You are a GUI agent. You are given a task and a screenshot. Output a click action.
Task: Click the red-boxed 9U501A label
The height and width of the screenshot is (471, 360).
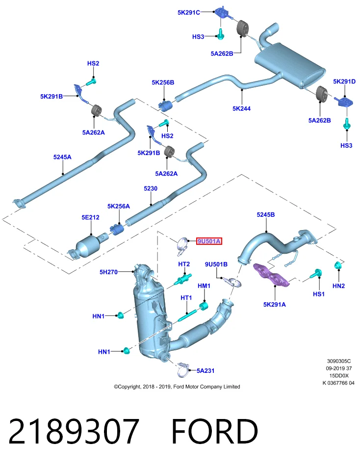pos(209,241)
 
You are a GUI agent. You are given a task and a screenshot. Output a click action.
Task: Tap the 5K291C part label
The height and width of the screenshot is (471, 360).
pos(188,12)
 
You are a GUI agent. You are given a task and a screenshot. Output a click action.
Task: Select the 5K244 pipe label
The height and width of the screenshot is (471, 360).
pos(241,108)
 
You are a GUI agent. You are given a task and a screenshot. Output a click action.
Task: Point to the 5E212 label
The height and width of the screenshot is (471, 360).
pos(90,217)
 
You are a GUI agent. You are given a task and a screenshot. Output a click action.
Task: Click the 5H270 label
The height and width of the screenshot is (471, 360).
pos(109,272)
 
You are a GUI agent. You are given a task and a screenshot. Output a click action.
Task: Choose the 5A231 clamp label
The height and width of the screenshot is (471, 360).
pos(206,371)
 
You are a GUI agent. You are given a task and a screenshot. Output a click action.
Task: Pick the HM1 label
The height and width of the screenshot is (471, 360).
pos(204,286)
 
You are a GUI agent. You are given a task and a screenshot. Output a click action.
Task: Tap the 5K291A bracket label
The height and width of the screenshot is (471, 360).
pos(275,304)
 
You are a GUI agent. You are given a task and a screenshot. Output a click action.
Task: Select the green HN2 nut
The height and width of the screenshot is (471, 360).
pos(338,265)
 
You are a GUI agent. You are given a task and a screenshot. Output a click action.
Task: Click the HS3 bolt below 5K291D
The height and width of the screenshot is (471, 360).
pos(347,124)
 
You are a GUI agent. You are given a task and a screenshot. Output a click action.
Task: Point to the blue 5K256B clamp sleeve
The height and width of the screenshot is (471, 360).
pos(165,106)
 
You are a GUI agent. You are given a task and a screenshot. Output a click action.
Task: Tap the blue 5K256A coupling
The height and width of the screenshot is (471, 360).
pos(117,230)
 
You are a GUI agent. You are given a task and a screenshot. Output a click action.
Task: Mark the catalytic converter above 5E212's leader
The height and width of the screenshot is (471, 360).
pos(88,246)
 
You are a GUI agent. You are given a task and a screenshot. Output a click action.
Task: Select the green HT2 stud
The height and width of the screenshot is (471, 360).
pos(183,280)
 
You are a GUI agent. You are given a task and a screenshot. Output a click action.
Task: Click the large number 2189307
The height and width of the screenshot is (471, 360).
pos(74,431)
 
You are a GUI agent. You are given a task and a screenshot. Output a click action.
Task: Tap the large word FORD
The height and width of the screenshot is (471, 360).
pos(215,431)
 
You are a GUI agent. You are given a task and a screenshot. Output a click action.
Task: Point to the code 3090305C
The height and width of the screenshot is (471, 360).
pos(339,361)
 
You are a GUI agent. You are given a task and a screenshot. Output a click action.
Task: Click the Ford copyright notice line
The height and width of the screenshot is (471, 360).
pos(177,387)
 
